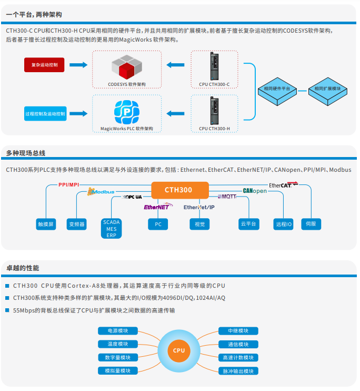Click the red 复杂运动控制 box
[x=45, y=65]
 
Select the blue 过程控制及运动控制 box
[x=45, y=113]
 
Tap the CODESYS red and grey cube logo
[x=126, y=67]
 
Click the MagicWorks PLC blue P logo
[x=126, y=112]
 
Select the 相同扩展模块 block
[x=327, y=90]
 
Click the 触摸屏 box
[x=45, y=224]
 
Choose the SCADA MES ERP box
[x=111, y=229]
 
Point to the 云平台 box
[x=248, y=224]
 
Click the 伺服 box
[x=311, y=224]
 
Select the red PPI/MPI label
[x=69, y=185]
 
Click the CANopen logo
[x=255, y=191]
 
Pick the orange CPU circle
[x=179, y=350]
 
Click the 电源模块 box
[x=118, y=331]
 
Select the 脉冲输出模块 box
[x=238, y=371]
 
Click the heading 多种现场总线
[x=26, y=153]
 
